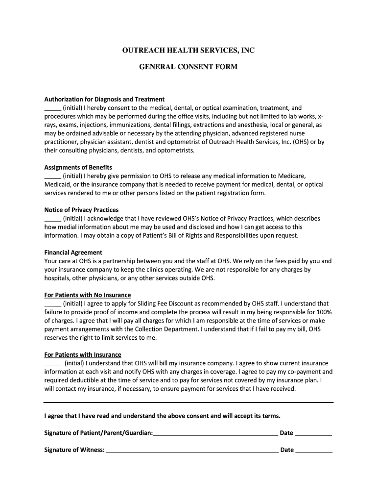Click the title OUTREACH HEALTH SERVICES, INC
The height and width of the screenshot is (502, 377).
pos(188,50)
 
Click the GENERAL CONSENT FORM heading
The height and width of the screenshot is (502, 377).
pos(188,66)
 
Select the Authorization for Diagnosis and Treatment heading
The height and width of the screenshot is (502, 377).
pos(104,99)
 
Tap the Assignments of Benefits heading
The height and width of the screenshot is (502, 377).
pos(78,167)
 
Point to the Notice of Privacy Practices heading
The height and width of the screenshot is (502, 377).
pos(81,210)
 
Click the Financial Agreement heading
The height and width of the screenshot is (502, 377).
pos(73,252)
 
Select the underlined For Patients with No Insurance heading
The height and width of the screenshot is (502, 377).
pos(88,295)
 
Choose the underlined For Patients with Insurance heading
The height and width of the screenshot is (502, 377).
pos(83,354)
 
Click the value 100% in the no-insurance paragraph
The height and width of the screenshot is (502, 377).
pos(324,312)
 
